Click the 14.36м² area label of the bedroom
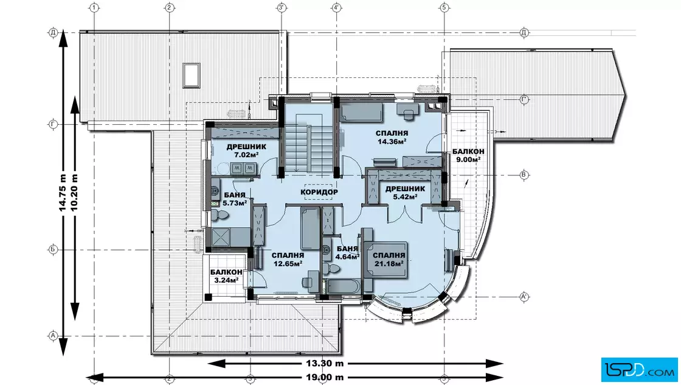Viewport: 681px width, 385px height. click(392, 141)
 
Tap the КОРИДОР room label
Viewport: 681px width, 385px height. click(319, 192)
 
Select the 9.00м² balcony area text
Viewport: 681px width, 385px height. click(468, 160)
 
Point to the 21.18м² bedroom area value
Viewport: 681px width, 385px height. click(389, 263)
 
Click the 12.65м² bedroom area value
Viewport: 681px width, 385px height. click(288, 263)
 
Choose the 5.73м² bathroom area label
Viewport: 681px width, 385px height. click(235, 203)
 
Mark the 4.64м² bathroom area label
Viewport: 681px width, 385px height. click(347, 256)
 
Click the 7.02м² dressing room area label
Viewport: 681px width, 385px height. click(246, 155)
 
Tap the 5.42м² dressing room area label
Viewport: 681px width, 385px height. click(405, 197)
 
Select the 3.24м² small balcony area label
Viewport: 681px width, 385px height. click(226, 280)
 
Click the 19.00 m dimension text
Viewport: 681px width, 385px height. click(325, 377)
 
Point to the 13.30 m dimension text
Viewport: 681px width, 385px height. click(325, 363)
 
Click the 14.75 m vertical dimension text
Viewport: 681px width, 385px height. click(63, 192)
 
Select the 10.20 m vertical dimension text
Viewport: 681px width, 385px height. click(74, 192)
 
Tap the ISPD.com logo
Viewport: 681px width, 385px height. click(639, 370)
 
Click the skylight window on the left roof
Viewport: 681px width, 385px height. click(191, 75)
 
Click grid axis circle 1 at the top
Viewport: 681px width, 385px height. click(94, 7)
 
